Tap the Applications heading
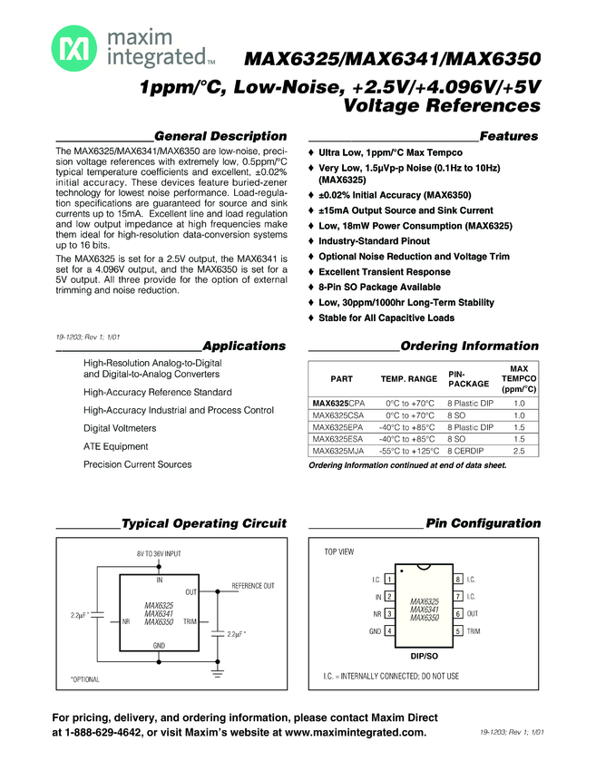point(244,346)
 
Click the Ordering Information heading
point(469,346)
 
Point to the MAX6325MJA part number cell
point(337,450)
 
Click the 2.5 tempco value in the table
point(520,450)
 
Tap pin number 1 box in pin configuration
point(389,579)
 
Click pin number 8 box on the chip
point(458,579)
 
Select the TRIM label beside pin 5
point(474,630)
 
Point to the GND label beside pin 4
point(375,630)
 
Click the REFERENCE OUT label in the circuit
point(253,586)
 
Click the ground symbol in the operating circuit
point(218,672)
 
